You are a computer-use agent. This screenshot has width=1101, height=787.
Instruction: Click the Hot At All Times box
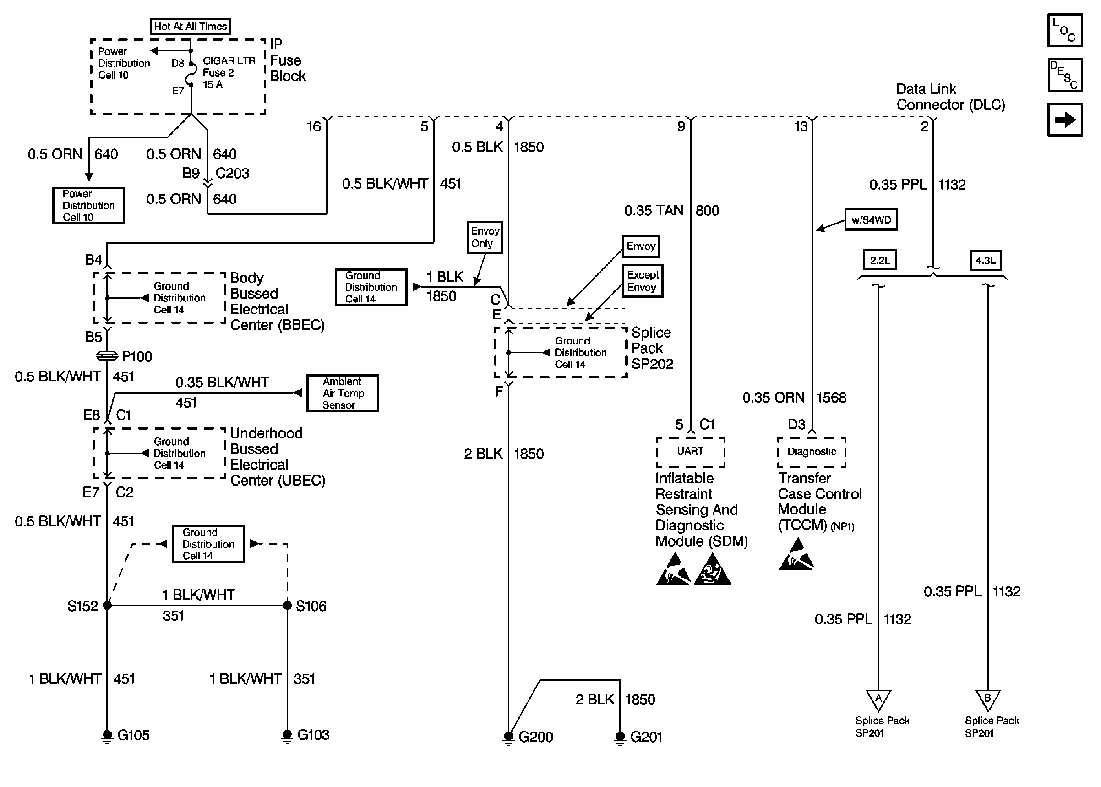coord(191,26)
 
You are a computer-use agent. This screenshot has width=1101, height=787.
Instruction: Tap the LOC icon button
coord(1064,30)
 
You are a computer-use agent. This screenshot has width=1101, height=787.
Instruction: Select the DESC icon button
coord(1064,75)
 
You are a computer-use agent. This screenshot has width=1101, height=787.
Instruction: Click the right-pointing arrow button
coord(1064,119)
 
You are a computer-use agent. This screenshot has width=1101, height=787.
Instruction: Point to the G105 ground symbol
coord(107,736)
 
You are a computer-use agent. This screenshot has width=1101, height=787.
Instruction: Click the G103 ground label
coord(313,735)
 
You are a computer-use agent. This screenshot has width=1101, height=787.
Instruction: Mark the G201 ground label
coord(646,737)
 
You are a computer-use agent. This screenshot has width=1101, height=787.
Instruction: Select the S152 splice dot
coord(107,605)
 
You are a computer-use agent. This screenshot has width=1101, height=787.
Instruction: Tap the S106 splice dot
coord(287,605)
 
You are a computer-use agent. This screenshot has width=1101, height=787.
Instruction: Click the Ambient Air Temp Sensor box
coord(343,393)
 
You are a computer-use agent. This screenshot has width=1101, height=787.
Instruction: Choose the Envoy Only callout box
coord(485,237)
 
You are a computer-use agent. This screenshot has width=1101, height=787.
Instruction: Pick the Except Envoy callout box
coord(642,281)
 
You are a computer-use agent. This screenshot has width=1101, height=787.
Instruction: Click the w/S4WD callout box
coord(871,219)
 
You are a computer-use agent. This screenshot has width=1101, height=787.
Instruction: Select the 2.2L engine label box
coord(880,260)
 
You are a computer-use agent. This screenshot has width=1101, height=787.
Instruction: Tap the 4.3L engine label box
coord(985,260)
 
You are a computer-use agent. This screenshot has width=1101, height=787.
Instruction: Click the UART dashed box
coord(690,452)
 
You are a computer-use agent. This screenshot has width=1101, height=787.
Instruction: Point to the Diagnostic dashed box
coord(812,452)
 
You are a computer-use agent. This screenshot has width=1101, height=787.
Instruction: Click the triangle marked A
coord(878,700)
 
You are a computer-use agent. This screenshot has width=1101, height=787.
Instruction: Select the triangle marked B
coord(987,700)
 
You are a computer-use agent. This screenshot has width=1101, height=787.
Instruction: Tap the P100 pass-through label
coord(136,357)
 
